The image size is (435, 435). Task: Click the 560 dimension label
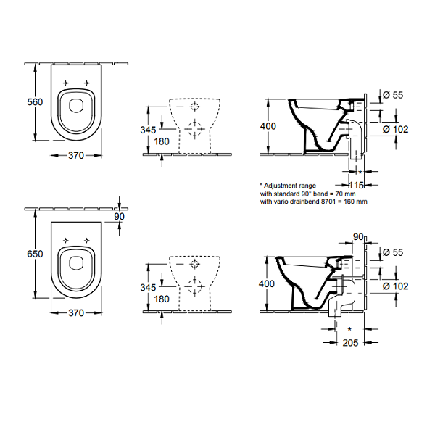35,102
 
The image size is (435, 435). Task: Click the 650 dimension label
35,254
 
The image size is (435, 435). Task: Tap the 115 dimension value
356,185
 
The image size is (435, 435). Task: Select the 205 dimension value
350,343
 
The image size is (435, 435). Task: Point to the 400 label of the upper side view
268,126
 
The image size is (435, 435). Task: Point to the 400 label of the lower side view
267,283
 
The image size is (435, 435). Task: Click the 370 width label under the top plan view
76,156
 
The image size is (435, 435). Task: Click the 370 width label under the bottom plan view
76,313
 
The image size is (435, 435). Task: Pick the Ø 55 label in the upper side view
393,95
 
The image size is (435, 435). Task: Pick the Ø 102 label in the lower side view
396,286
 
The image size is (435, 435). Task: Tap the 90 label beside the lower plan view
120,216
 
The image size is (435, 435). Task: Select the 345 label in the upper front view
148,130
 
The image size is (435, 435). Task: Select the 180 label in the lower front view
162,299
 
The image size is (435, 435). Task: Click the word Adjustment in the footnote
281,186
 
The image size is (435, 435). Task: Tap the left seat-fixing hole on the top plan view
66,83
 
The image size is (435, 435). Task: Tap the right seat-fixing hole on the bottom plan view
87,240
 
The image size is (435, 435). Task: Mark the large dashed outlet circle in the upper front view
194,129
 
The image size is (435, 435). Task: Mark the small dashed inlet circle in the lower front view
195,264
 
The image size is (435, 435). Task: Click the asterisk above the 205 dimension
350,329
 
